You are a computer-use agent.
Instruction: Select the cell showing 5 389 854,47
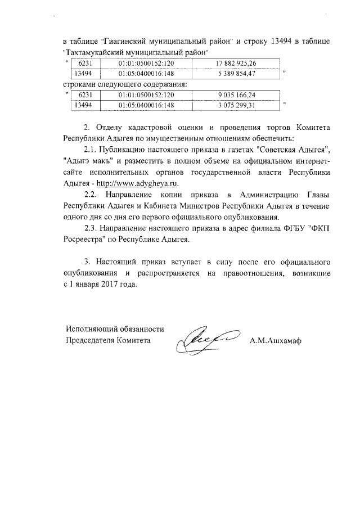coord(236,74)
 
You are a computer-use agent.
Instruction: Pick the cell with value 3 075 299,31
coord(236,105)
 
